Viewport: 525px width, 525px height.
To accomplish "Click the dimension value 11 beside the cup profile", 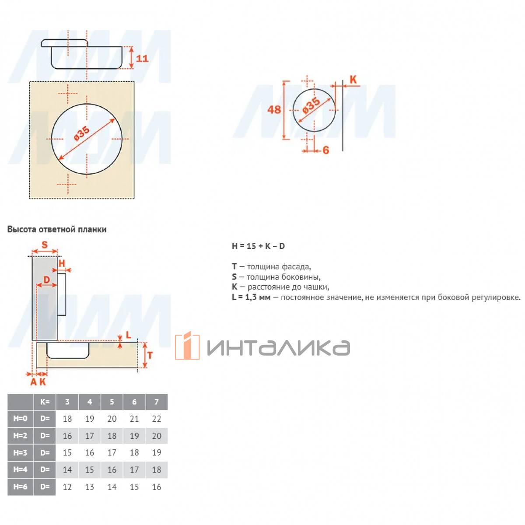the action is point(142,58).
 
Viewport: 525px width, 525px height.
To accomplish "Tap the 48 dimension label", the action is point(273,109).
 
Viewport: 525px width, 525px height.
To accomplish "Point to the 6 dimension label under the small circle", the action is point(325,150).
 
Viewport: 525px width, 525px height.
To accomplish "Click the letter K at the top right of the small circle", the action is point(353,79).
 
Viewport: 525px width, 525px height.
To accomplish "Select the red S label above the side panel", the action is point(45,245).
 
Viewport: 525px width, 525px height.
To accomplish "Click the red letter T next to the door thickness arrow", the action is point(150,355).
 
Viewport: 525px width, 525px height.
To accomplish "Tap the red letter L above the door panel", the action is point(128,335).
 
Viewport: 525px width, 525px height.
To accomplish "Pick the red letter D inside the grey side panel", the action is point(46,280).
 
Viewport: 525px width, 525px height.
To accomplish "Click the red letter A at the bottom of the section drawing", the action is point(33,382).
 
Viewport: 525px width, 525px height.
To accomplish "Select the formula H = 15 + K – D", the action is point(258,246).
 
